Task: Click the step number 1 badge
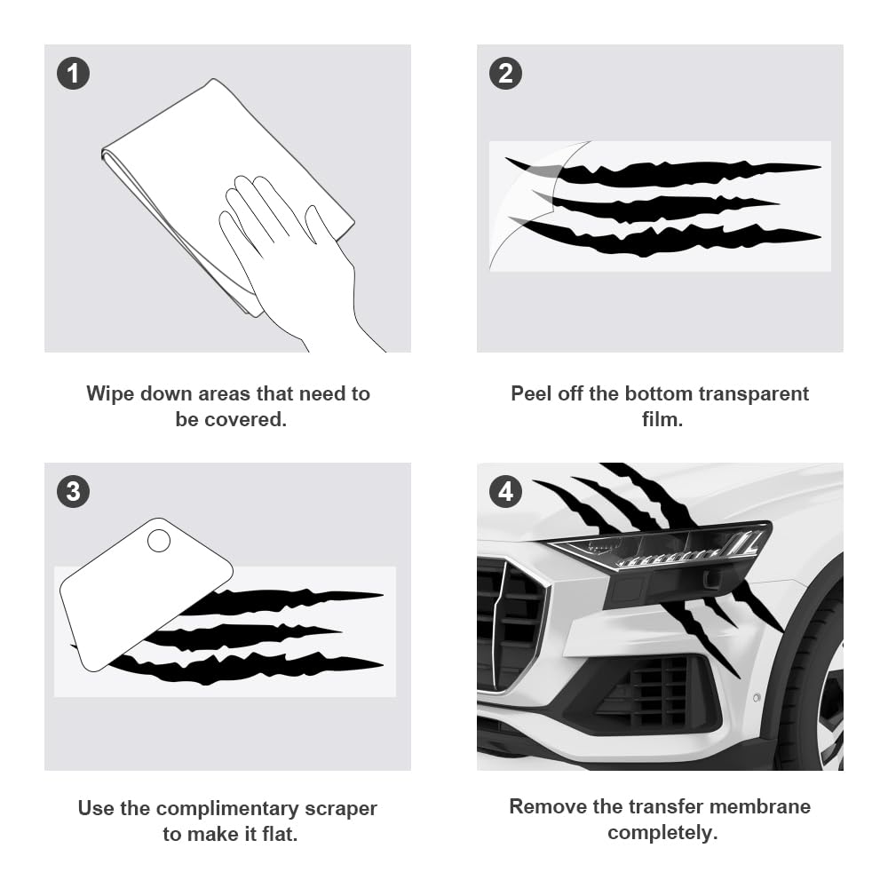coord(73,73)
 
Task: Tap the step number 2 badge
coord(505,73)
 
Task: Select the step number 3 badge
coord(73,491)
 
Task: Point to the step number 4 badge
coord(505,491)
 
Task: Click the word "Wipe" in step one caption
coord(111,393)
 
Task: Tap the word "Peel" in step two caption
coord(531,393)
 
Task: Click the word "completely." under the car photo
coord(662,833)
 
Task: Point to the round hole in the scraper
coord(159,540)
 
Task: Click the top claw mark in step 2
coord(675,170)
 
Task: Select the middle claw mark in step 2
coord(657,206)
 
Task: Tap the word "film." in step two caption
coord(662,419)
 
